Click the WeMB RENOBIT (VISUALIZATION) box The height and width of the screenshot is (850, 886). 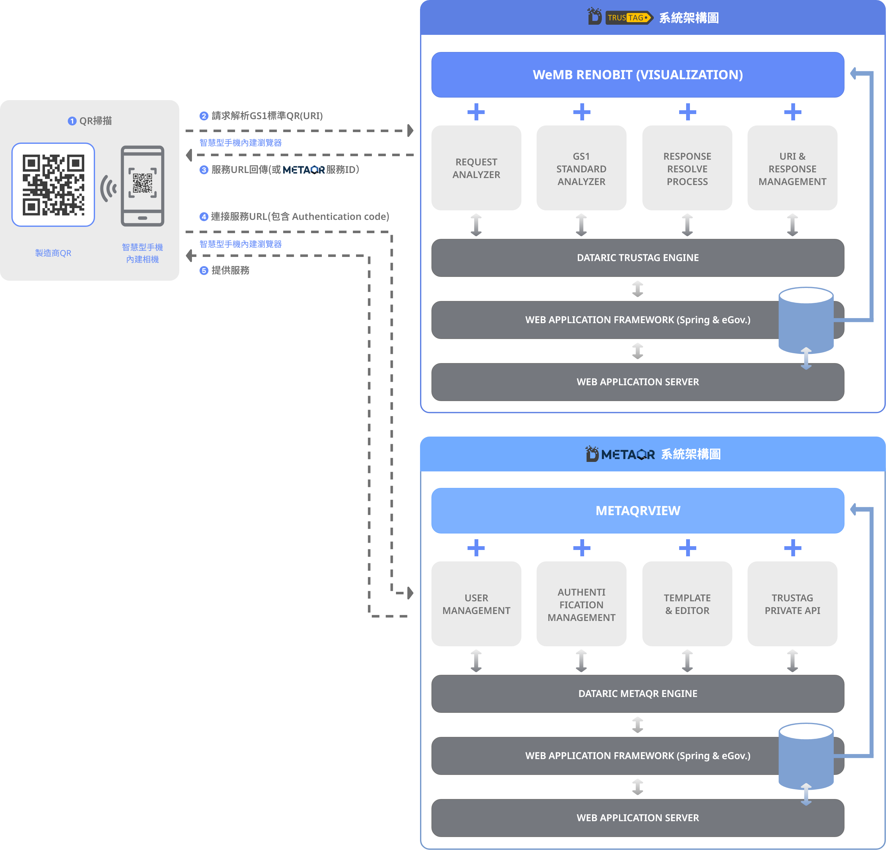click(x=637, y=74)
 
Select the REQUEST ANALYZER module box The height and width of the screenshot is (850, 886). click(x=476, y=168)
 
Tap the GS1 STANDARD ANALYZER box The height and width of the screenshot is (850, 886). click(x=581, y=168)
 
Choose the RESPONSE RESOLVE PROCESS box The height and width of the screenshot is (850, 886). click(x=687, y=168)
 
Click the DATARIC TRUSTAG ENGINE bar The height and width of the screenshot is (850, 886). click(x=637, y=258)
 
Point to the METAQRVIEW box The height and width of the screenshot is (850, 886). click(x=637, y=510)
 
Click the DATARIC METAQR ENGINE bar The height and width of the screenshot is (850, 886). click(x=637, y=693)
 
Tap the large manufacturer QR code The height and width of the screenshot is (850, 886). click(x=53, y=184)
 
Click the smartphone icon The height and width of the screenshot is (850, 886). click(x=143, y=185)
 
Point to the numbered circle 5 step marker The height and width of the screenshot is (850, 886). click(x=204, y=270)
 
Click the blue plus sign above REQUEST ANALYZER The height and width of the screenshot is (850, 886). click(x=476, y=112)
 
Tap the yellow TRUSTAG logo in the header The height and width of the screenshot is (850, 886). click(x=629, y=18)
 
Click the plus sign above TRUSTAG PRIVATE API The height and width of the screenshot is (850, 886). click(x=793, y=548)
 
